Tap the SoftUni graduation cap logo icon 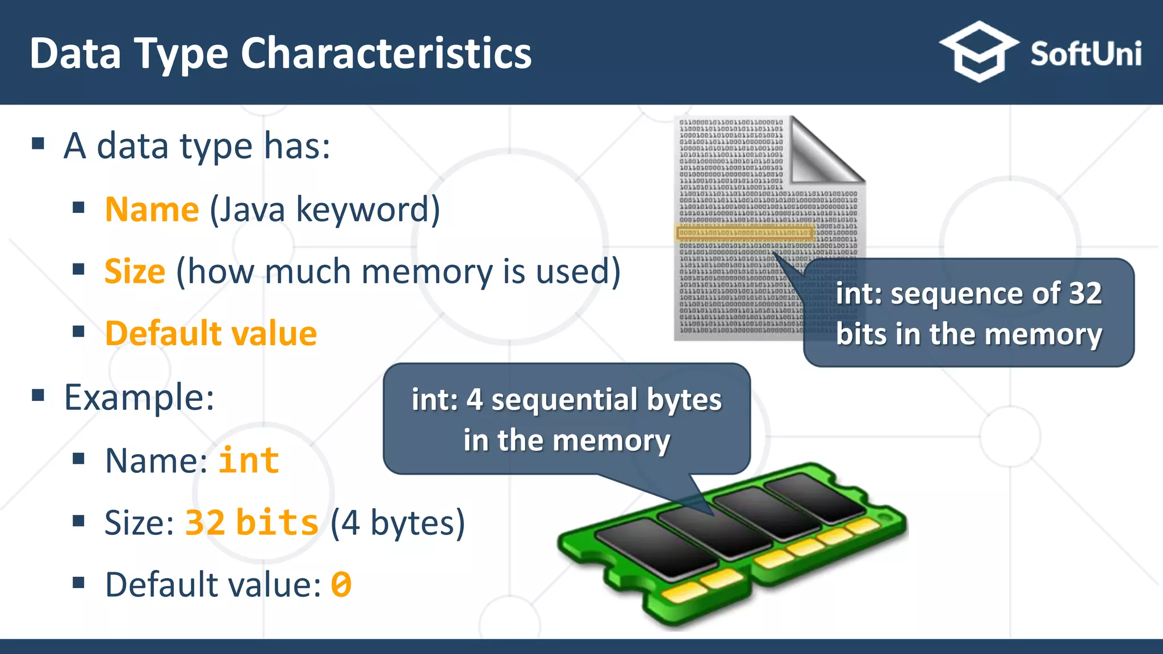tap(978, 51)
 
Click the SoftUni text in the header tap(1085, 54)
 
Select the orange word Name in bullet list tap(152, 209)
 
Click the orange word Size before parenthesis tap(135, 271)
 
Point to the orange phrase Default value tap(211, 333)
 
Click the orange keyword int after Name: tap(249, 460)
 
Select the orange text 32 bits tap(252, 522)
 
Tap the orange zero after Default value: tap(341, 585)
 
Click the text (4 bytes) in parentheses tap(398, 522)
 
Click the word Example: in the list tap(139, 397)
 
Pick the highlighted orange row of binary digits tap(744, 233)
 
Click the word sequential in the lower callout tap(564, 400)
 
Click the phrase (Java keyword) tap(325, 209)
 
